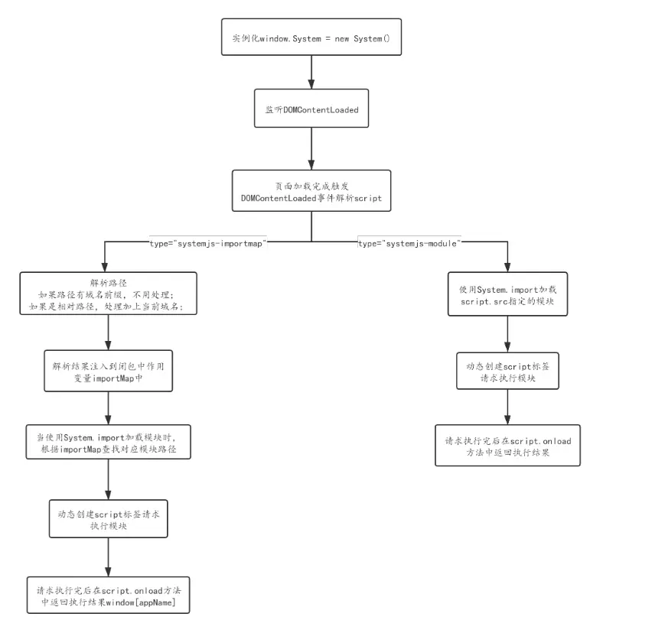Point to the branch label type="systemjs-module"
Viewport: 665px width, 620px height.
tap(409, 242)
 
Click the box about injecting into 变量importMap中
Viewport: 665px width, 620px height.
tap(107, 372)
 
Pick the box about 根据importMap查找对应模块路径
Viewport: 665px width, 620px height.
tap(107, 443)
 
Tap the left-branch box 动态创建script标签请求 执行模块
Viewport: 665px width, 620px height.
tap(107, 520)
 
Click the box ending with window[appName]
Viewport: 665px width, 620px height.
tap(107, 596)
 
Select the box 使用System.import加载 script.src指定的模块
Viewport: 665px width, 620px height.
tap(508, 294)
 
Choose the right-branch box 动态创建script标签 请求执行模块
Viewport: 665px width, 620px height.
tap(508, 372)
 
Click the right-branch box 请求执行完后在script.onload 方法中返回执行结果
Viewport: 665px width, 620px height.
tap(508, 446)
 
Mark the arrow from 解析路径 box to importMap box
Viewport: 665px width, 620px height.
tap(107, 333)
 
